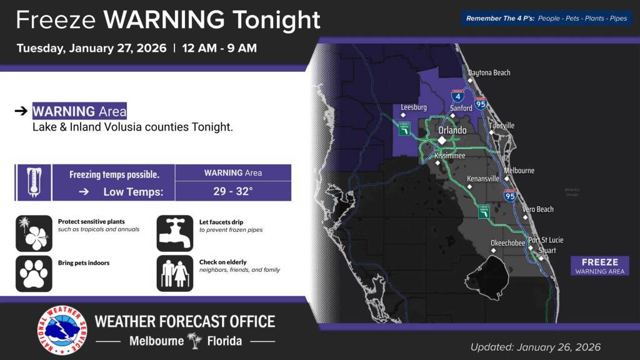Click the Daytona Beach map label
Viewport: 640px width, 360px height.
pos(489,72)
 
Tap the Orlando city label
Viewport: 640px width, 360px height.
pos(452,130)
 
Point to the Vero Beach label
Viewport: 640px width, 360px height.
pos(538,209)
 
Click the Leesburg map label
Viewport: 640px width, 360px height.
pos(414,107)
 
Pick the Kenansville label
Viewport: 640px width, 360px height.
pos(483,179)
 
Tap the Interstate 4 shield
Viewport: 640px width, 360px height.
pos(457,96)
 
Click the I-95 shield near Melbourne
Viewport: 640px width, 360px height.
pos(510,196)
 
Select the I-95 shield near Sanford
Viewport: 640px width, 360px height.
pos(481,104)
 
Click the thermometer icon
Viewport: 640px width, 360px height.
pos(33,182)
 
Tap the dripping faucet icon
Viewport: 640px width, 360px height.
pos(174,233)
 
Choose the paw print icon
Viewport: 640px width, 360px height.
pos(34,273)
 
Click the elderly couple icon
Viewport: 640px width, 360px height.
pos(174,273)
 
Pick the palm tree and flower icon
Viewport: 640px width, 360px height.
pos(34,233)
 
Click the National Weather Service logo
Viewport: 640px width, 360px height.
pos(61,330)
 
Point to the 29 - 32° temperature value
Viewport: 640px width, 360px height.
pos(233,191)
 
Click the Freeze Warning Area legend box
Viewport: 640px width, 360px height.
pos(599,266)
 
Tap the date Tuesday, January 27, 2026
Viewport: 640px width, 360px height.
pos(91,48)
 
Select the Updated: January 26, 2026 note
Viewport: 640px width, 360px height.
pos(535,347)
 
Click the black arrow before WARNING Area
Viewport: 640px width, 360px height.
pos(21,111)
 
